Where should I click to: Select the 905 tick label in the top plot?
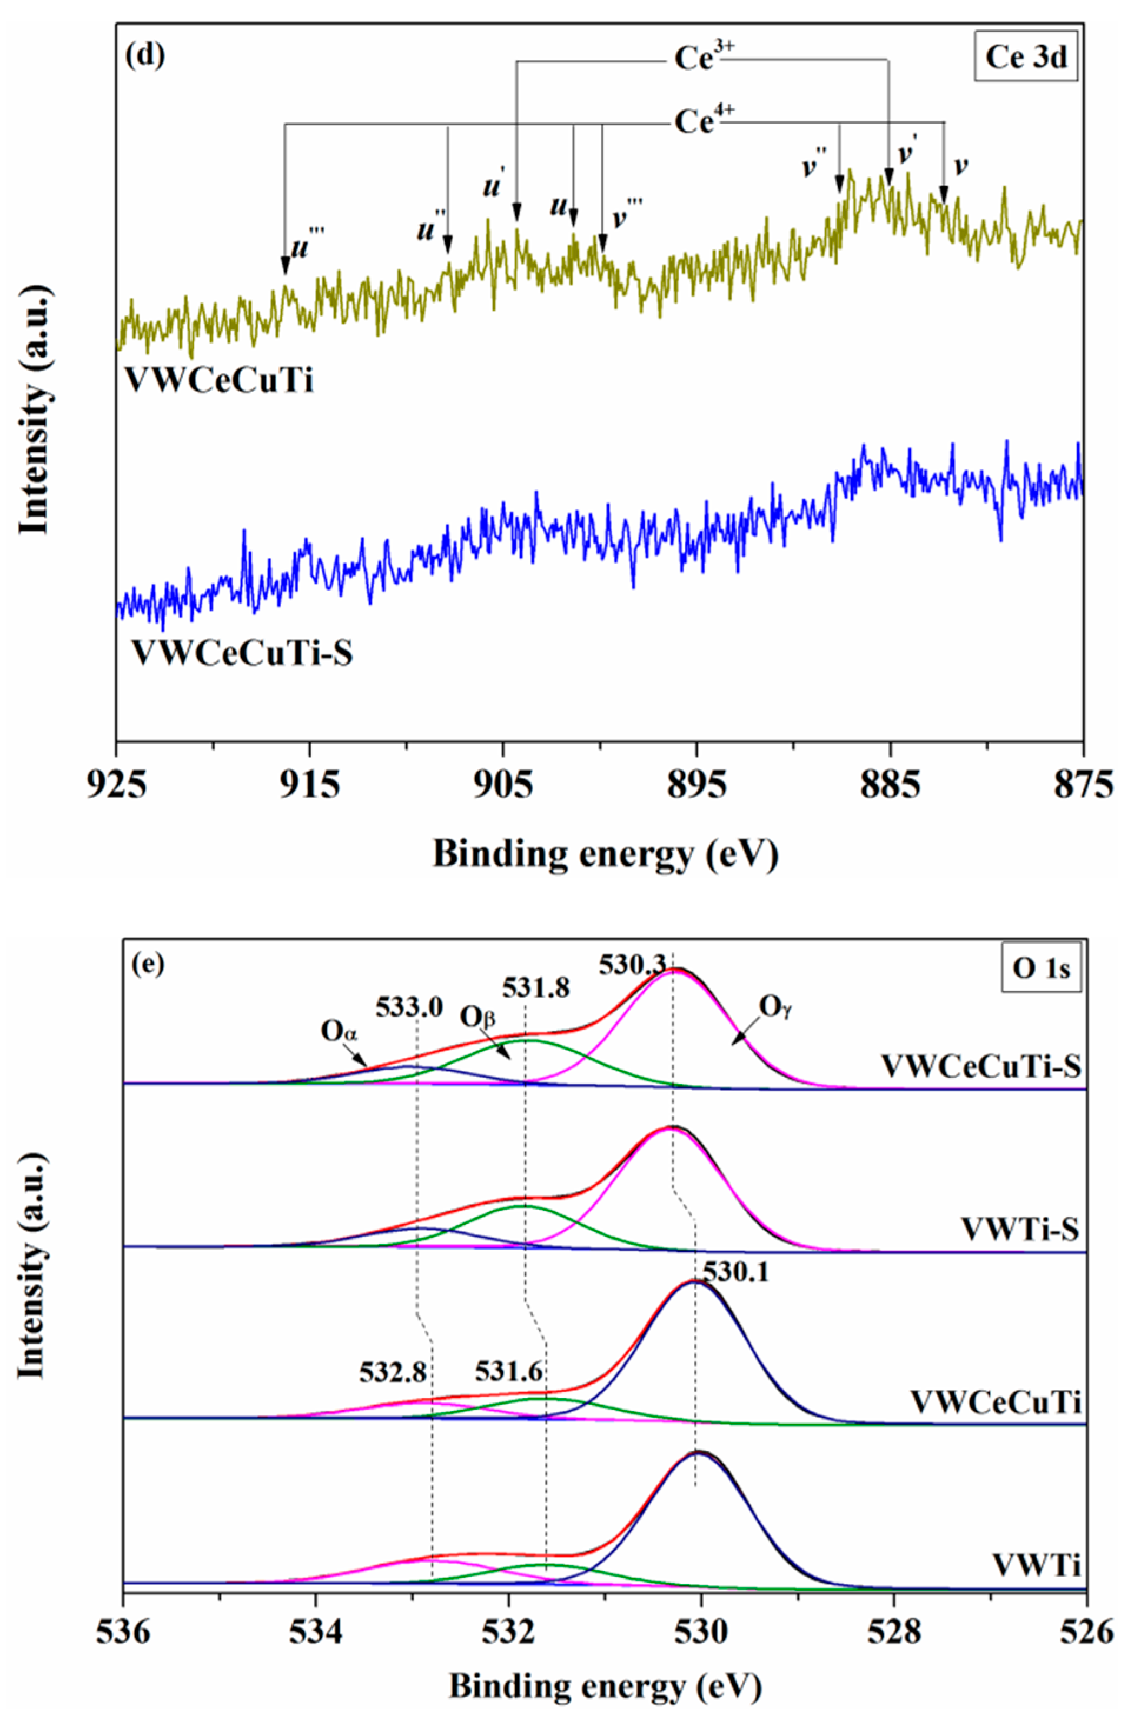[x=504, y=784]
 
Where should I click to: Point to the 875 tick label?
[x=1082, y=784]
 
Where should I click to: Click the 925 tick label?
[x=117, y=784]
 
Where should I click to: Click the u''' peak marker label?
[x=308, y=246]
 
